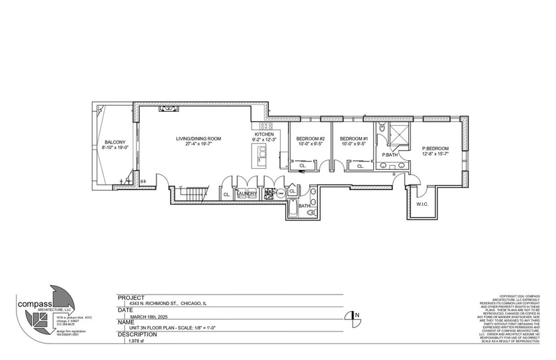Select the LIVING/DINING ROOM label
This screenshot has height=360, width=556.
(x=198, y=138)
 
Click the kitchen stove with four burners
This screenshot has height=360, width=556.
(x=267, y=125)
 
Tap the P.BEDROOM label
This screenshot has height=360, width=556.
(x=435, y=148)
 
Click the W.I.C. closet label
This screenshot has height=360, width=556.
(x=422, y=204)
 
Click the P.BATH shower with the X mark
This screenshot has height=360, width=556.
(x=399, y=132)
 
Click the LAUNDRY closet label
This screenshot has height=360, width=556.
(x=247, y=194)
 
